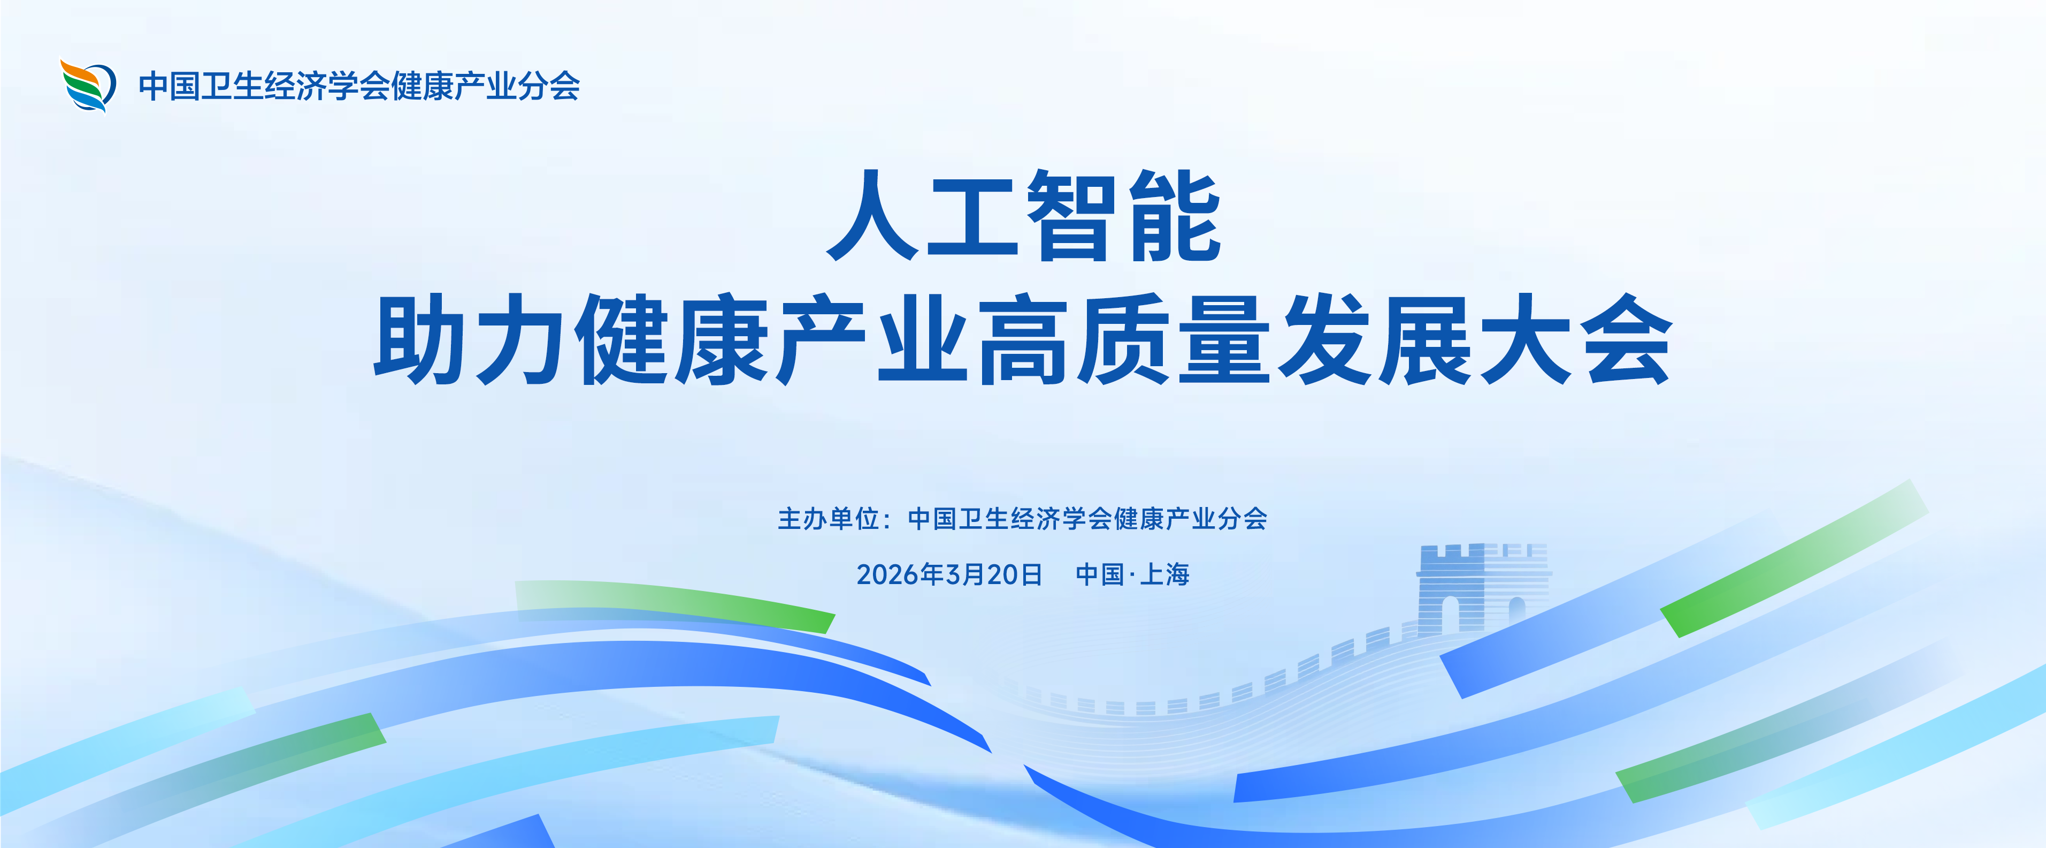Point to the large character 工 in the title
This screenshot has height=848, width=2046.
(x=973, y=217)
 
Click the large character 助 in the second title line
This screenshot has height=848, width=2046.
(x=419, y=339)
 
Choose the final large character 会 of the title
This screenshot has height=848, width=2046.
(x=1626, y=339)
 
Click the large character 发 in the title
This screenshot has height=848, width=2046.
(x=1325, y=339)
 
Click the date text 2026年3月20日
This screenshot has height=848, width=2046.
(x=949, y=574)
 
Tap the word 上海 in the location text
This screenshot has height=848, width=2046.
(x=1164, y=574)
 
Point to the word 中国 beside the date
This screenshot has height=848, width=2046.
(x=1100, y=574)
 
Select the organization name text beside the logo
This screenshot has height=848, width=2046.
(x=359, y=86)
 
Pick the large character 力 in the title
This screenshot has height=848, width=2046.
(x=520, y=339)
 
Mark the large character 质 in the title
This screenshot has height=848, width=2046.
(x=1124, y=339)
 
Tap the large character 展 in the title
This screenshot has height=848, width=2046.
(x=1425, y=339)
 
